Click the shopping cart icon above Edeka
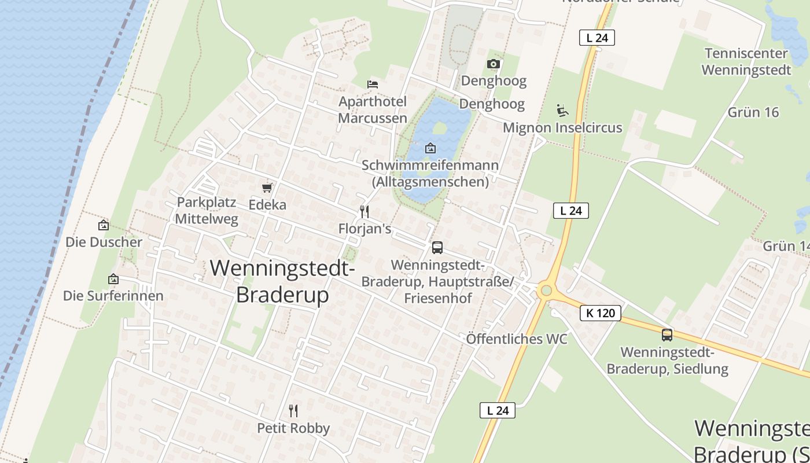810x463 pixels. [267, 188]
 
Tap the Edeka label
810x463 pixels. [267, 205]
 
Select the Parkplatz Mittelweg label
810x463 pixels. [207, 211]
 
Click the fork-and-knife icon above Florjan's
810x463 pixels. [365, 212]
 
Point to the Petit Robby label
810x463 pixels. [293, 428]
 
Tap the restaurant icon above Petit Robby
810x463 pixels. [293, 411]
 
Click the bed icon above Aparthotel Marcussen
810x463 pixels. [373, 84]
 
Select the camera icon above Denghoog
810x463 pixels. [494, 64]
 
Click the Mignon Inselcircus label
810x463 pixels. [562, 128]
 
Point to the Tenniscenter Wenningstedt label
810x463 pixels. [746, 62]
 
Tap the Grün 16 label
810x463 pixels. [753, 112]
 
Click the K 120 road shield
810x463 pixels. [600, 313]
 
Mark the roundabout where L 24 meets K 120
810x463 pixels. [545, 290]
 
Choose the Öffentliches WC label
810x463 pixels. [517, 339]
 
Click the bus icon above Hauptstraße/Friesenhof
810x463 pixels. [437, 248]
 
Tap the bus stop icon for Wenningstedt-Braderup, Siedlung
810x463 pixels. [667, 335]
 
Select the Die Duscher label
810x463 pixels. [104, 242]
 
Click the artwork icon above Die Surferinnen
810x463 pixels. [113, 279]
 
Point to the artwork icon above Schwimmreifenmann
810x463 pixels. [430, 148]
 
